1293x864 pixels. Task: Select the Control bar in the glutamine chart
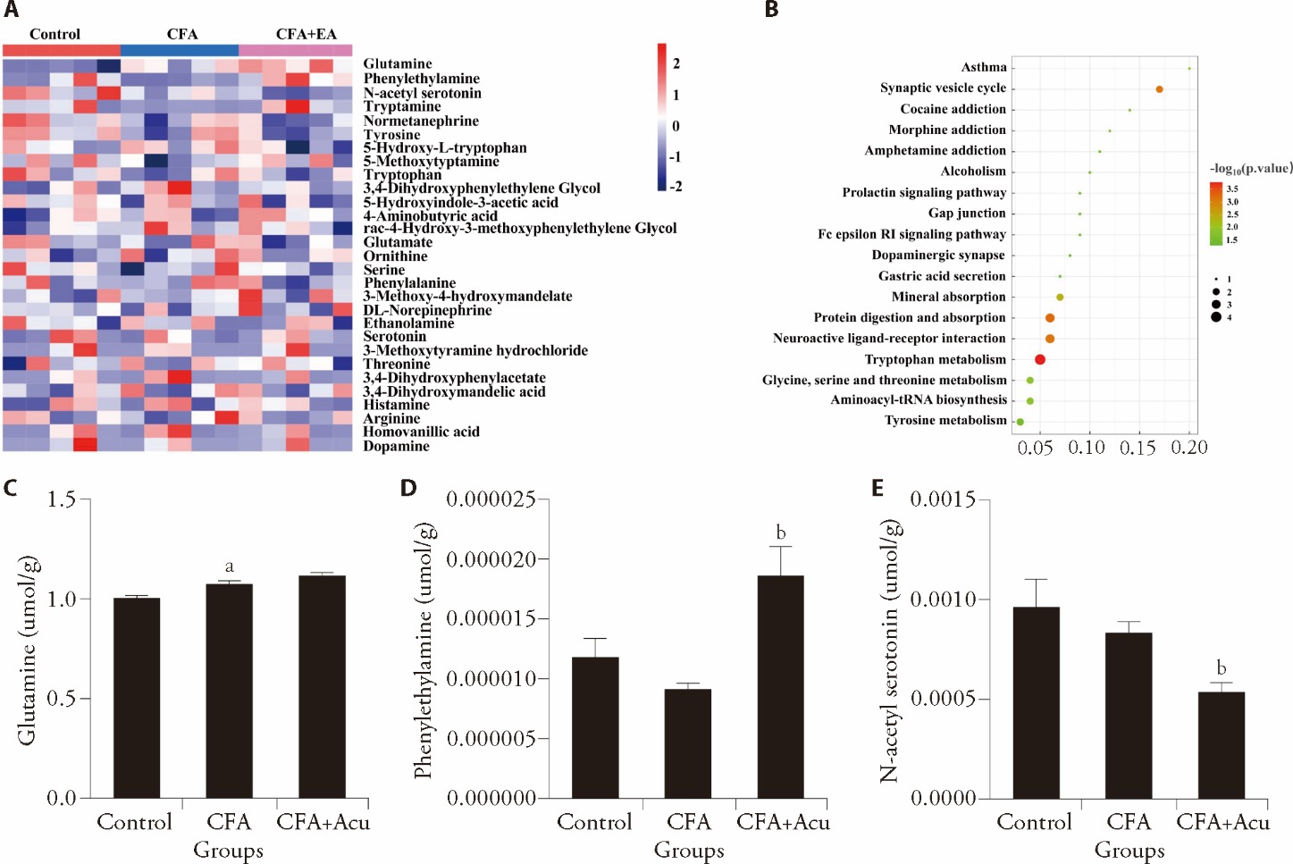click(x=137, y=697)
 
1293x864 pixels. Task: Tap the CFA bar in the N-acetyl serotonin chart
click(x=1128, y=715)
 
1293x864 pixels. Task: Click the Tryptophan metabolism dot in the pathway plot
click(x=1040, y=359)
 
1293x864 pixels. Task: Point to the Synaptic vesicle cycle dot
click(x=1159, y=89)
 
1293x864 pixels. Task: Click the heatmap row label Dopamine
click(x=396, y=446)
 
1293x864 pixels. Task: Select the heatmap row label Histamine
click(x=396, y=405)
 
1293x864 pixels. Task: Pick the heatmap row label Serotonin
click(x=394, y=337)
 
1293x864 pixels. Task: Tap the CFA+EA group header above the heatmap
click(x=306, y=34)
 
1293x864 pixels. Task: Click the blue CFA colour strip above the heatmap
click(x=179, y=50)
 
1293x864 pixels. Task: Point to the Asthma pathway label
click(x=984, y=67)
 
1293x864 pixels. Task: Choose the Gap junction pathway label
click(x=967, y=213)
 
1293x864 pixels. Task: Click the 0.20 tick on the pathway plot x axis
click(x=1189, y=448)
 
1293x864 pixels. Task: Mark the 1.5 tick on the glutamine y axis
click(x=62, y=499)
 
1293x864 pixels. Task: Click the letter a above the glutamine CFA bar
click(x=230, y=566)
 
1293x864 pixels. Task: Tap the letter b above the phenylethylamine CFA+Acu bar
click(x=781, y=533)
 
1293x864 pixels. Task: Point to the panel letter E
click(x=877, y=487)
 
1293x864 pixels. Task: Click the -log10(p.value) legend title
click(x=1251, y=168)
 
